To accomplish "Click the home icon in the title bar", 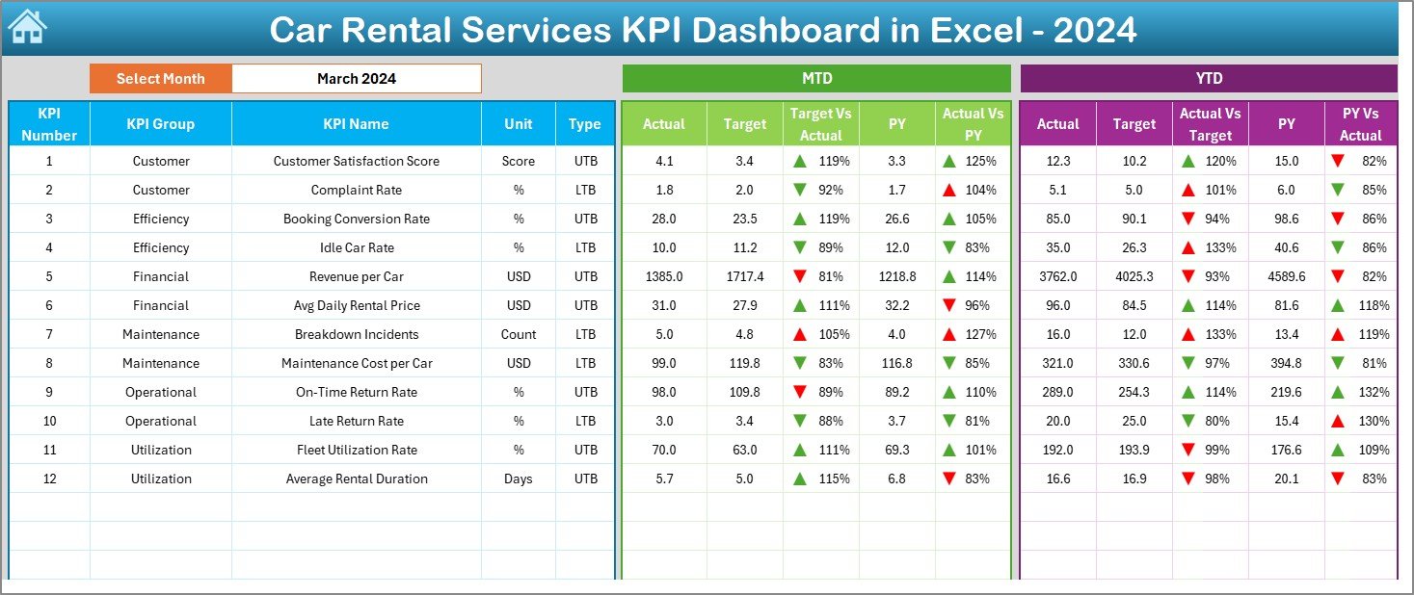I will [27, 28].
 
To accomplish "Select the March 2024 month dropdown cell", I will [356, 79].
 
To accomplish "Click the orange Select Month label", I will [160, 79].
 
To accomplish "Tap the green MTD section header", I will [816, 79].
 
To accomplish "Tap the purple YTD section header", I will [1208, 79].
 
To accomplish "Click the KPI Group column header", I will [160, 124].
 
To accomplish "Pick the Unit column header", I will [519, 124].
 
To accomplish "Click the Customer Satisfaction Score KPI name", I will [356, 161].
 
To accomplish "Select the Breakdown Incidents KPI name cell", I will [356, 334].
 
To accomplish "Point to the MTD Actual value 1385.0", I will [664, 276].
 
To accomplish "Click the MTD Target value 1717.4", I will [744, 276].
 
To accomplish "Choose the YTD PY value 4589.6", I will [1287, 276].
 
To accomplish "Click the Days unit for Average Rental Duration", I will [519, 479].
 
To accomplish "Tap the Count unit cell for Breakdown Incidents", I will [519, 334].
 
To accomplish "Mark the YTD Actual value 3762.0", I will [1057, 276].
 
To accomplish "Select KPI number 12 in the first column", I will [49, 479].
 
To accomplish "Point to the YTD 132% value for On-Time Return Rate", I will [1374, 392].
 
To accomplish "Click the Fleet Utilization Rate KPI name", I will [356, 450].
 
